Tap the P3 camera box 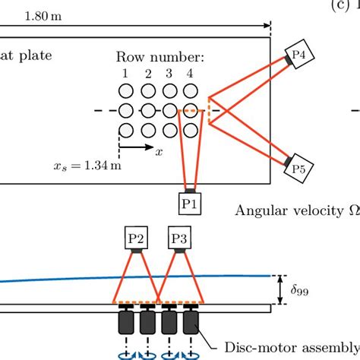tap(178, 240)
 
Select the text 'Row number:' tap(159, 57)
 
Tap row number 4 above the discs tap(190, 74)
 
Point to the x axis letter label tap(159, 152)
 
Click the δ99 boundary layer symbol tap(302, 290)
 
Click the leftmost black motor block tap(125, 323)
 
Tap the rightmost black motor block tap(190, 323)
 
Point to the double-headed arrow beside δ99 tap(282, 290)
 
